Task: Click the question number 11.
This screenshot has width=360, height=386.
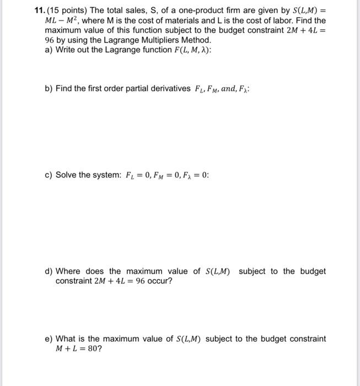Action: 39,10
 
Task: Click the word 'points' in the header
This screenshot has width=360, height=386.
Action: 74,10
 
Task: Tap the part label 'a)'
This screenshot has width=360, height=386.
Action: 49,50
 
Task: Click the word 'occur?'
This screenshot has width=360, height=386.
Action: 159,281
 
